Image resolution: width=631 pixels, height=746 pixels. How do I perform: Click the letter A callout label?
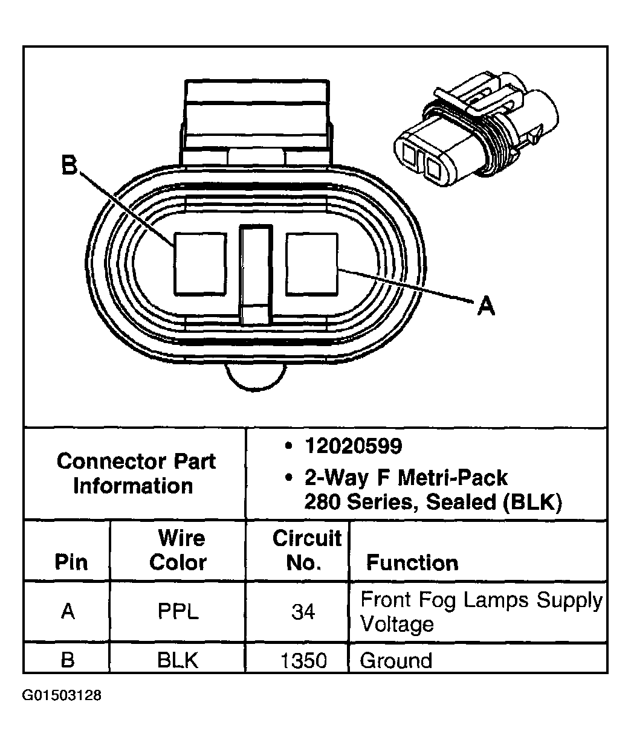(x=485, y=306)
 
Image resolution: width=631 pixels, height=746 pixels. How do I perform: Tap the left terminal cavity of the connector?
(x=200, y=265)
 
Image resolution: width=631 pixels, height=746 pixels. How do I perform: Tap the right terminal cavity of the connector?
(x=311, y=265)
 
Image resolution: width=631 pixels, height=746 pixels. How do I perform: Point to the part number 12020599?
(x=353, y=446)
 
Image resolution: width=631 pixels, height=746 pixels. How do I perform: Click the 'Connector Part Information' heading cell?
(x=135, y=474)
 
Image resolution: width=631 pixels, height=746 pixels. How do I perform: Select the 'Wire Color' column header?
(x=178, y=550)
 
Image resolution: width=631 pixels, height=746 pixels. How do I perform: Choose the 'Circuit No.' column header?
(x=306, y=550)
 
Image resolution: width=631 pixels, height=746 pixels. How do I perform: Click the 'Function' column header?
(x=412, y=563)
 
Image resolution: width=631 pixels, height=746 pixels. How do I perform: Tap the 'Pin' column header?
(x=71, y=562)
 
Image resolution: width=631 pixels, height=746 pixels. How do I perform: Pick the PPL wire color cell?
(x=178, y=612)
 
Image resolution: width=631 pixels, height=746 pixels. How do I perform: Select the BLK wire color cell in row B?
(x=178, y=660)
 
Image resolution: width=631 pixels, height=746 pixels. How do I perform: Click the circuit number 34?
(x=303, y=612)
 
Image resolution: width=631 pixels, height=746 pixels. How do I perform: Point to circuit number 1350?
(x=303, y=660)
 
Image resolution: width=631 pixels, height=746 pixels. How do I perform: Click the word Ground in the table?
(x=396, y=660)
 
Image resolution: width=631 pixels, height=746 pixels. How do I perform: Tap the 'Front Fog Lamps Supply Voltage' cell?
(x=481, y=611)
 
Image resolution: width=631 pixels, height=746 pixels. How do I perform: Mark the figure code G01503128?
(x=62, y=695)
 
